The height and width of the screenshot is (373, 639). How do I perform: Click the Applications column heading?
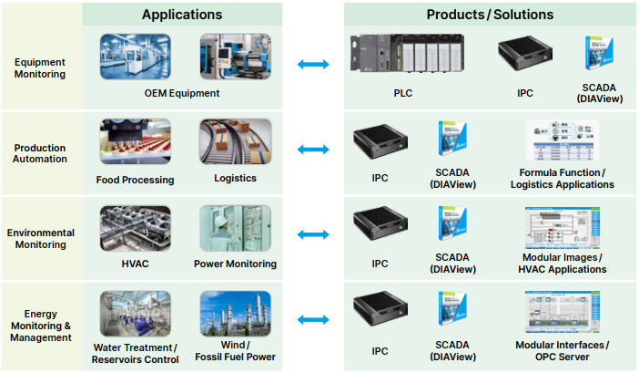pos(182,15)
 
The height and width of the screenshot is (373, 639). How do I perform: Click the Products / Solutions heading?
pos(489,15)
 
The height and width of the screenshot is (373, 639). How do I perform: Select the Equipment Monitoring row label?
pos(40,68)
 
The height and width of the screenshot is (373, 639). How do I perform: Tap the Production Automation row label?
pos(40,153)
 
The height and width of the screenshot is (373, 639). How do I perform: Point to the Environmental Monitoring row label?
pos(40,239)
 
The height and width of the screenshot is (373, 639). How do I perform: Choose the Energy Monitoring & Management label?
pos(40,326)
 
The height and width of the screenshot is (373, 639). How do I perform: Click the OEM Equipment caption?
pos(182,93)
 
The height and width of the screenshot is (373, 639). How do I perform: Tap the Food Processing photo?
pos(136,141)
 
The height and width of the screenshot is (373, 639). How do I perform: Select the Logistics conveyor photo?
pos(235,141)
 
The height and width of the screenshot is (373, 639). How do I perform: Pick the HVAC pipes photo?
pos(136,228)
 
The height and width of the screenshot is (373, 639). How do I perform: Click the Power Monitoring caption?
pos(235,264)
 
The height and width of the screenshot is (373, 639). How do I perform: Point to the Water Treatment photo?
pos(136,313)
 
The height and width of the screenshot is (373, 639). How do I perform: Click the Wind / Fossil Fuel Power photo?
pos(235,313)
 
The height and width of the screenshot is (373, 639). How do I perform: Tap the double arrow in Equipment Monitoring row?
pos(313,64)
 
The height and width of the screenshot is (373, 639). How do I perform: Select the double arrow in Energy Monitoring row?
pos(313,320)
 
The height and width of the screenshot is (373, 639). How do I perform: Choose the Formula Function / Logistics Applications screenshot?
pos(562,142)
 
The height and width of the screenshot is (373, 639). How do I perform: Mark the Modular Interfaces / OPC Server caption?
pos(562,349)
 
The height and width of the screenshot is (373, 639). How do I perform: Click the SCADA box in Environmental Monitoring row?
pos(453,226)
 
